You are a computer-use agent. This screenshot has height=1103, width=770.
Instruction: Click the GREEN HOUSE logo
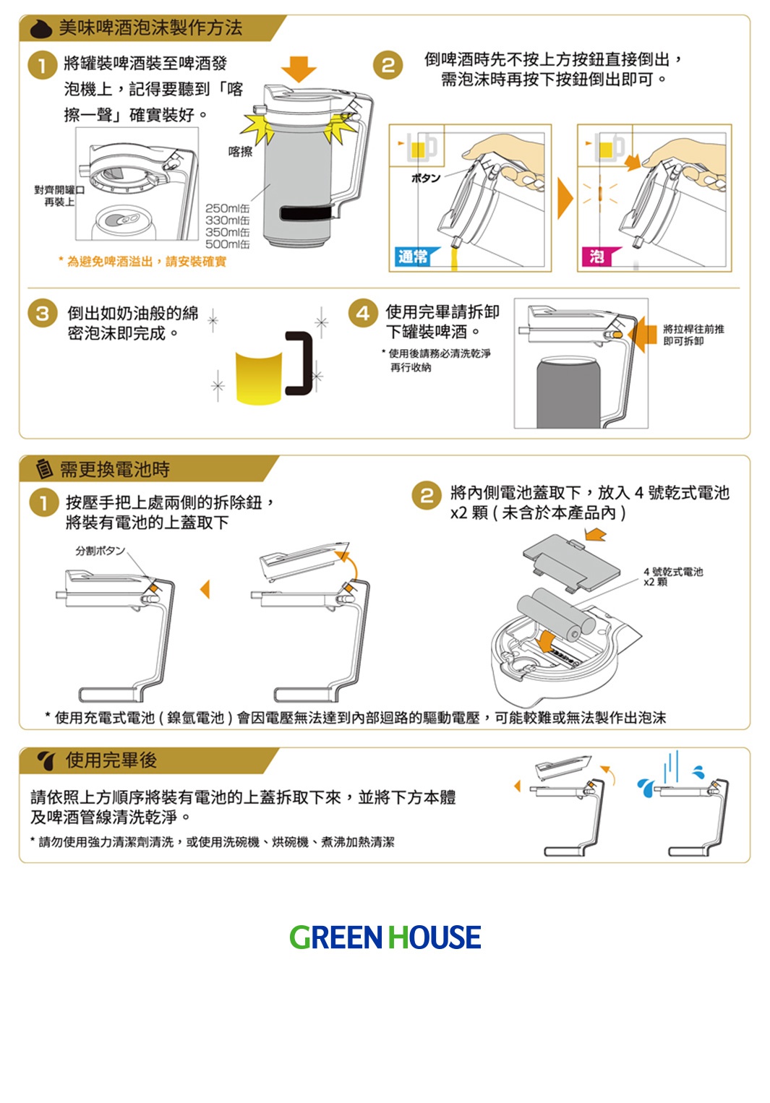[x=385, y=937]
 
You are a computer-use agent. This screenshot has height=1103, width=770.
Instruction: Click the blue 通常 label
[x=413, y=257]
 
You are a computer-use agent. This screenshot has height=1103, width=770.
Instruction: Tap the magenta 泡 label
[x=597, y=257]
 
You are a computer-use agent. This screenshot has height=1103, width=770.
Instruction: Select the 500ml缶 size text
[x=227, y=244]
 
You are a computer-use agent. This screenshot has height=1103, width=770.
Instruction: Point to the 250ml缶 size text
[x=227, y=208]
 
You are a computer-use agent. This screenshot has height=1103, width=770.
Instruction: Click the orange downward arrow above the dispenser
[x=299, y=69]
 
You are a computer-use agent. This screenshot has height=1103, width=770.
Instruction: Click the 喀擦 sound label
[x=240, y=151]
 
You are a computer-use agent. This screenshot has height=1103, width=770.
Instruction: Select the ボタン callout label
[x=426, y=178]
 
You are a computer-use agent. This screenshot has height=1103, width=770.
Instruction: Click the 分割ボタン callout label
[x=100, y=551]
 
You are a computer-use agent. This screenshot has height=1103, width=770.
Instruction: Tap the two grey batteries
[x=555, y=614]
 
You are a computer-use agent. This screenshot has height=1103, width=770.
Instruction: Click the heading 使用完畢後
[x=111, y=760]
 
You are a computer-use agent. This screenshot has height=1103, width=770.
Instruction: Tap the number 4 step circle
[x=363, y=313]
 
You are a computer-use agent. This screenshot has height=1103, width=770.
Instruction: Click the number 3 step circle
[x=42, y=313]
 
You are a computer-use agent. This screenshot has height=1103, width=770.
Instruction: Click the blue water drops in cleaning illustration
[x=646, y=786]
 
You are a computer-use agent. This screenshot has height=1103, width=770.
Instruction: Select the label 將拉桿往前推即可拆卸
[x=693, y=335]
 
